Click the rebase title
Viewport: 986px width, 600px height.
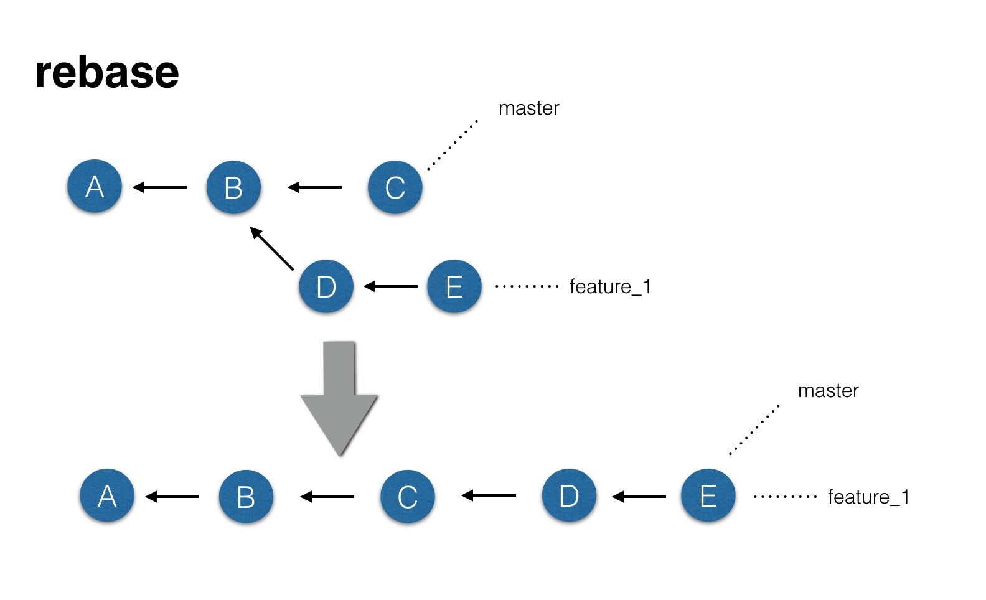pyautogui.click(x=107, y=72)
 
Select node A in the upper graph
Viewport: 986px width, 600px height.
pyautogui.click(x=95, y=186)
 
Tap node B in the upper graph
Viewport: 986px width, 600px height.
pyautogui.click(x=233, y=187)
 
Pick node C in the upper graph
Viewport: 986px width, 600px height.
pyautogui.click(x=395, y=187)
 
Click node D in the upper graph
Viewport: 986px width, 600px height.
pyautogui.click(x=326, y=286)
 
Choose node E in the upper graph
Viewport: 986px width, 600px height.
pyautogui.click(x=454, y=286)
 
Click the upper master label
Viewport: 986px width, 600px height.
pyautogui.click(x=528, y=108)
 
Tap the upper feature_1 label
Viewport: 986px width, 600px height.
pyautogui.click(x=610, y=287)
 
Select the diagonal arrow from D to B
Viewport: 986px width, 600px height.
pyautogui.click(x=271, y=248)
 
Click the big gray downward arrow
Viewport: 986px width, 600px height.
pyautogui.click(x=339, y=398)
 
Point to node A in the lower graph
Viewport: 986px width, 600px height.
pyautogui.click(x=107, y=495)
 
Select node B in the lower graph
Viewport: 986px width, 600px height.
pyautogui.click(x=246, y=497)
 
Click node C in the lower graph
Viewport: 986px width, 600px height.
pyautogui.click(x=408, y=497)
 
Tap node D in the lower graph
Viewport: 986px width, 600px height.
pyautogui.click(x=569, y=495)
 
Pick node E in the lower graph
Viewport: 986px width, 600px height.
pyautogui.click(x=708, y=495)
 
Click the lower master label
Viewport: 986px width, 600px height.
pyautogui.click(x=828, y=391)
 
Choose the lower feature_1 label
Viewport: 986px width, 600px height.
pyautogui.click(x=868, y=497)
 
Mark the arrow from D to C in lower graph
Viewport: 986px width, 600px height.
pyautogui.click(x=489, y=495)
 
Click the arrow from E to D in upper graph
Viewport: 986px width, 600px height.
pyautogui.click(x=390, y=286)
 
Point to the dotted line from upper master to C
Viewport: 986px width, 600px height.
pyautogui.click(x=453, y=145)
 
